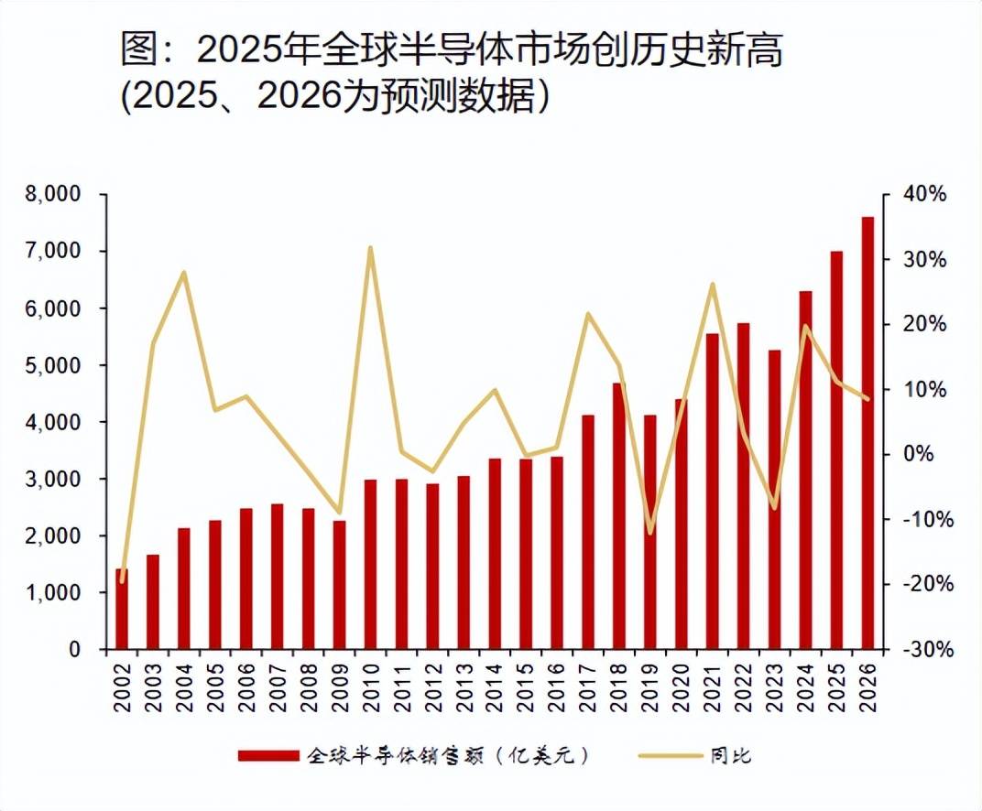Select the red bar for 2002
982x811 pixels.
point(122,610)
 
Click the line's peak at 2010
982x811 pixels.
point(370,247)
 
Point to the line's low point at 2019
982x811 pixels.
point(650,533)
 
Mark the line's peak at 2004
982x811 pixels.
point(184,272)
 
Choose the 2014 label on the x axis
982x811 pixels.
point(495,682)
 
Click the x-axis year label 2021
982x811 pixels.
point(713,682)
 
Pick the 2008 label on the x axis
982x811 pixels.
point(309,682)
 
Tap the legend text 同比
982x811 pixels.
point(729,756)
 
